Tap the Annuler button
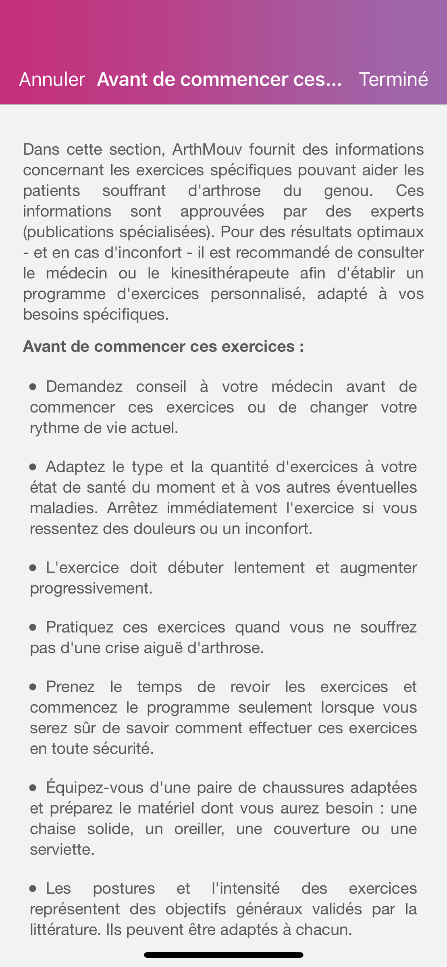pos(52,79)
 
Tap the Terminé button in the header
pos(393,79)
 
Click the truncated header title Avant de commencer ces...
pos(219,79)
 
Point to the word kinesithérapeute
pos(230,273)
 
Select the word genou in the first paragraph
pos(348,191)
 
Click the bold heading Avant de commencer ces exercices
pos(163,347)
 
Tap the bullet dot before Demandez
pos(33,387)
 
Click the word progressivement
pos(91,588)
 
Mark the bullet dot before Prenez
pos(33,687)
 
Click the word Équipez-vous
pos(95,787)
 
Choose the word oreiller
pos(199,829)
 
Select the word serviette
pos(62,849)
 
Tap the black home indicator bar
pos(223,955)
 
